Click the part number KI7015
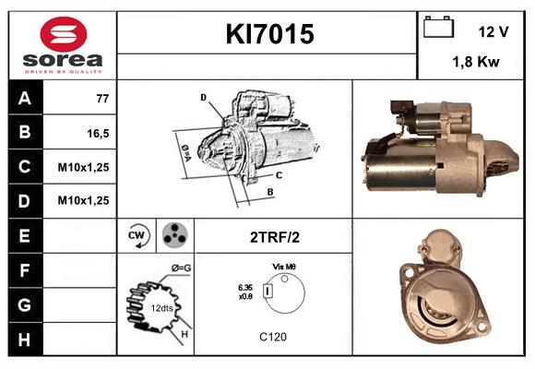click(x=269, y=34)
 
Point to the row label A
click(x=25, y=98)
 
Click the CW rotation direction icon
click(x=137, y=236)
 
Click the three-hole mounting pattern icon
click(x=172, y=236)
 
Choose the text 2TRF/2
click(x=275, y=237)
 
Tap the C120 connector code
click(x=273, y=337)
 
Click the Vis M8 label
click(x=283, y=266)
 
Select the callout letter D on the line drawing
click(x=203, y=97)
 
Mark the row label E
click(x=25, y=236)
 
